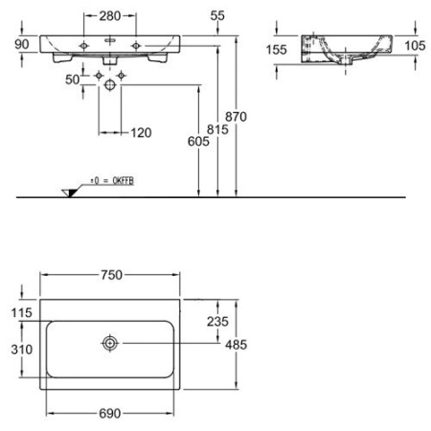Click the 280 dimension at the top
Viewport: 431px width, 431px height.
(x=111, y=17)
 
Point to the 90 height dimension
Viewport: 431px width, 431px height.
(x=21, y=44)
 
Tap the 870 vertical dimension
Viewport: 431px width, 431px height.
(x=248, y=115)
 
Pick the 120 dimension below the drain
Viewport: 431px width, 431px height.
(x=142, y=133)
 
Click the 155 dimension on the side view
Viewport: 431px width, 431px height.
(x=278, y=49)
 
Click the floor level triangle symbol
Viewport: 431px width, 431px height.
(x=68, y=193)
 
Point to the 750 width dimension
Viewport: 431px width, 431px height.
(x=111, y=275)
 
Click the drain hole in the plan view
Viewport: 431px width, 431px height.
(x=112, y=343)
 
